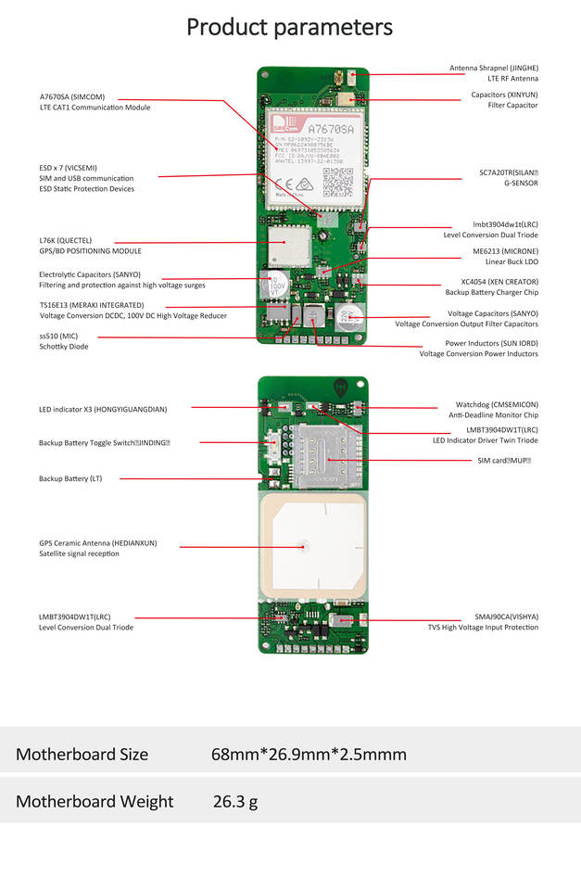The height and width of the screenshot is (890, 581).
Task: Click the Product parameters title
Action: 290,27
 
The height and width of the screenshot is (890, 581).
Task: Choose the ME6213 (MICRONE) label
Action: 505,251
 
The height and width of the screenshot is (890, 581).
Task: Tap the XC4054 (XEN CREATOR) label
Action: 499,281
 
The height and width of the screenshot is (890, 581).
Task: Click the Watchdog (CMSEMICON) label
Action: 497,404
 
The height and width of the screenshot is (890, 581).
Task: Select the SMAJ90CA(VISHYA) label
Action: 506,617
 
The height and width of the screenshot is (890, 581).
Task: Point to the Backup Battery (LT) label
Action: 70,478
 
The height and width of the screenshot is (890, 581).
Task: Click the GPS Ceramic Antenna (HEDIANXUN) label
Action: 97,542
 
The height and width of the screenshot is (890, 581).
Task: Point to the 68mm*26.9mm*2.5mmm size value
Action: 309,755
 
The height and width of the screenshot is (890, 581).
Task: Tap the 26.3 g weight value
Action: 235,801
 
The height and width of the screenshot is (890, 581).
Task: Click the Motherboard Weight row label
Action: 94,801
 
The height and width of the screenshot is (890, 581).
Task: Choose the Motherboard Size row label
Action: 82,755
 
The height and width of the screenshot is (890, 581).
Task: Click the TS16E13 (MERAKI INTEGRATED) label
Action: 92,305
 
